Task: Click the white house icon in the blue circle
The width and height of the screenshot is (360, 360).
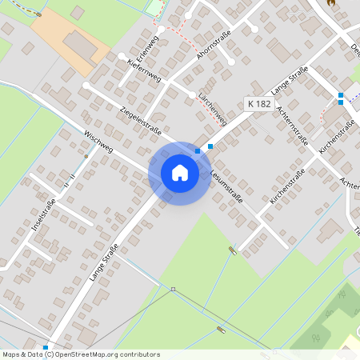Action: (x=180, y=173)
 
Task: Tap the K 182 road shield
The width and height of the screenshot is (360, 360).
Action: (x=258, y=103)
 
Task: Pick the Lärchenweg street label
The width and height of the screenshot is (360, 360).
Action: (x=211, y=110)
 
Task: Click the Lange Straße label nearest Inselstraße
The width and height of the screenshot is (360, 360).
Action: (x=104, y=262)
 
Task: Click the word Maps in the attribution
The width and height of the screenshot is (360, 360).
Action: (x=11, y=354)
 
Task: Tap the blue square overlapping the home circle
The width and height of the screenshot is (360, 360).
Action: (x=198, y=150)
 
